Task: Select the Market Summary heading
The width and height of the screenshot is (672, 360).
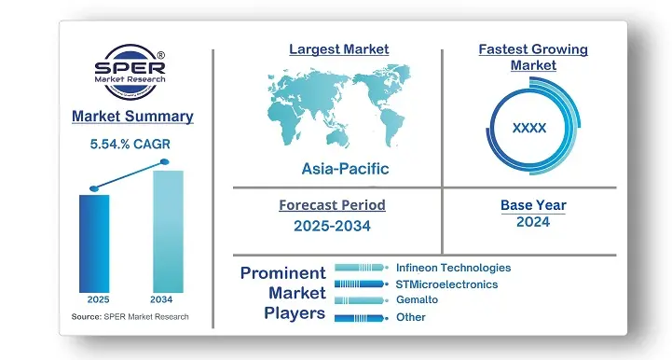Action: click(132, 117)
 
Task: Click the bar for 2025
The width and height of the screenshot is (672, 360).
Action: click(94, 242)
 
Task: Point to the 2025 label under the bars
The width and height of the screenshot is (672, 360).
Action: click(98, 300)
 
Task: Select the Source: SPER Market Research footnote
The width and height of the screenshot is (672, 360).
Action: click(130, 318)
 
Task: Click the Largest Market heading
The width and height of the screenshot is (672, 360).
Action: click(338, 48)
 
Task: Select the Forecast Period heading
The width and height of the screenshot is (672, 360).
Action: click(332, 205)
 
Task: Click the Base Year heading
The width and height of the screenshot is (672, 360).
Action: click(532, 205)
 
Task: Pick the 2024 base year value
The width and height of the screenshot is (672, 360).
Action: click(532, 222)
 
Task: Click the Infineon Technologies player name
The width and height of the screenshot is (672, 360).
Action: click(453, 268)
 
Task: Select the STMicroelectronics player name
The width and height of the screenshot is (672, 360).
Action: click(446, 284)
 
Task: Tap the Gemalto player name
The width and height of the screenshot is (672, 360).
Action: click(417, 299)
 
